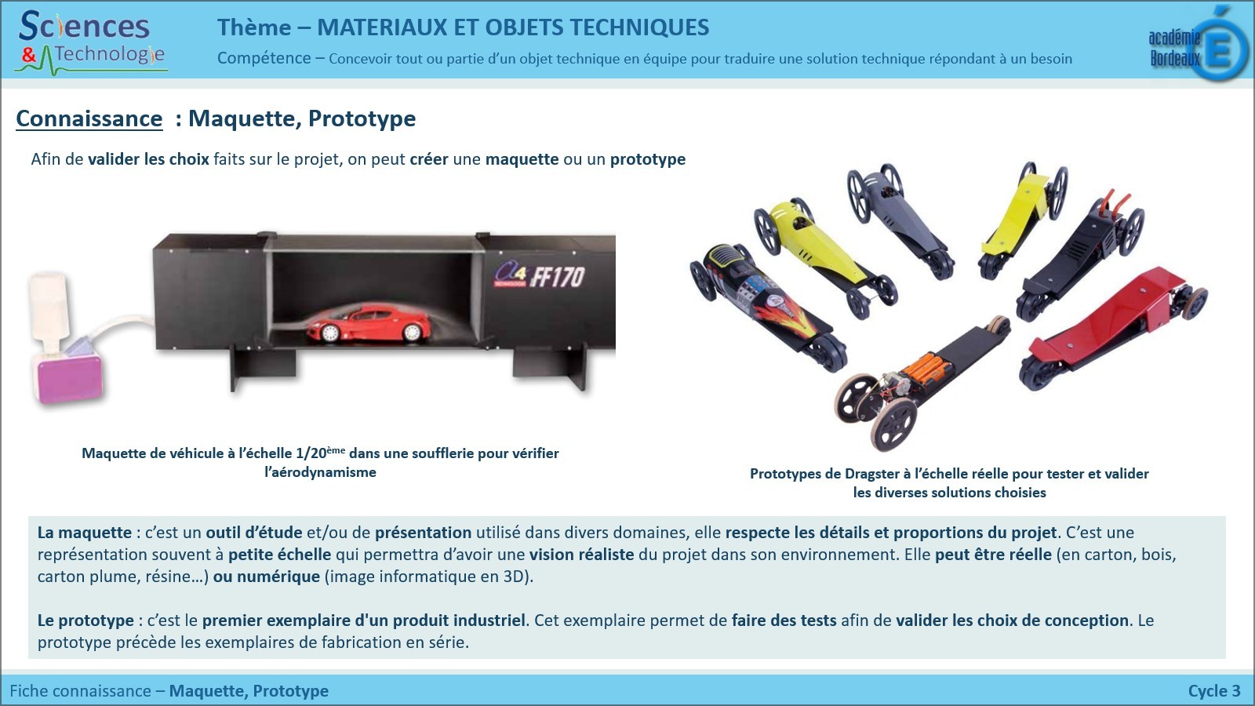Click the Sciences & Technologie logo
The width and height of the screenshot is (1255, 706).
(x=91, y=42)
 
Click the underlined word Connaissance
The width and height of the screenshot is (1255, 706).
(x=89, y=118)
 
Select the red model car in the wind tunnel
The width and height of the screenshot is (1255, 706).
(x=369, y=323)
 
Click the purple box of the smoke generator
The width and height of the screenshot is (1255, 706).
(x=70, y=378)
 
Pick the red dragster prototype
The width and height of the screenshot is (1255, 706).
(x=1112, y=328)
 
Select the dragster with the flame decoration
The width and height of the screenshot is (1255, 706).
(x=768, y=305)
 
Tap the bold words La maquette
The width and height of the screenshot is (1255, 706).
(x=85, y=533)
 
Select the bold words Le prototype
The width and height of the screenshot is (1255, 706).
(x=85, y=620)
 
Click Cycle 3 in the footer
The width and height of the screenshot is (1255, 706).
(x=1214, y=691)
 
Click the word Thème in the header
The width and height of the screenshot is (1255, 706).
(x=254, y=27)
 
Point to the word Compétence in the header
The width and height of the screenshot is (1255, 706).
(x=264, y=58)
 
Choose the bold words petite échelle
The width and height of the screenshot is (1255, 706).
(x=279, y=555)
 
